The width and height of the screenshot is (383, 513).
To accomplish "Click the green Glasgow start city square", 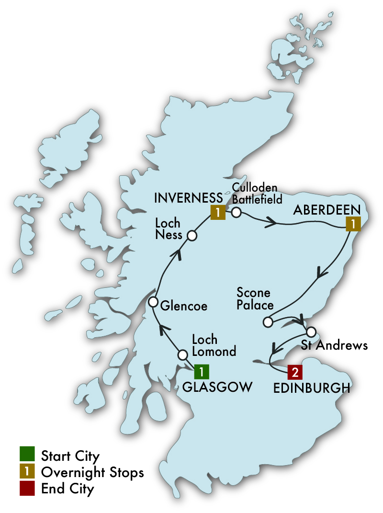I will coord(202,371).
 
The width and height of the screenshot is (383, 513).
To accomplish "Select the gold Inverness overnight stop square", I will coord(217,212).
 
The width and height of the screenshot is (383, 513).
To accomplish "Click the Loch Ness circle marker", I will coord(191,235).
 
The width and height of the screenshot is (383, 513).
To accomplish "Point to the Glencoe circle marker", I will coord(153,302).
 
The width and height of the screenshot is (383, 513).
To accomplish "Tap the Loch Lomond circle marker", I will coord(182,355).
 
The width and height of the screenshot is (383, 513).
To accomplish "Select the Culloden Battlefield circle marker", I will coord(236,213).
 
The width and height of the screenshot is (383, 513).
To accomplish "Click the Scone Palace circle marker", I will coord(268,321).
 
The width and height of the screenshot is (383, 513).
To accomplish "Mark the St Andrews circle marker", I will coord(311,331).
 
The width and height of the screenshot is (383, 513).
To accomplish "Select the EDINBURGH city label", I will coord(311,388).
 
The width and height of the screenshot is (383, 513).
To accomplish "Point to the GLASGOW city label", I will coord(217,387).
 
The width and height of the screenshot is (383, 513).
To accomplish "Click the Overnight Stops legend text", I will coord(92,472).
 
